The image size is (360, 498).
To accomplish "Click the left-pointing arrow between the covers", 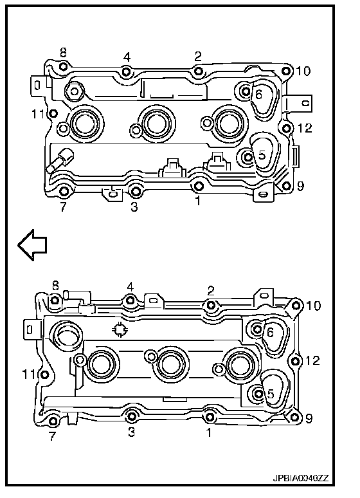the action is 32,245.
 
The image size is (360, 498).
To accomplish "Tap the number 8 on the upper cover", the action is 63,53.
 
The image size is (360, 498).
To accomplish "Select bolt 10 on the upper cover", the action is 287,71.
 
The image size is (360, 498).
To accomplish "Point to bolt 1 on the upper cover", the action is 198,186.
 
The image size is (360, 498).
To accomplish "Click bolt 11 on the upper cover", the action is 53,113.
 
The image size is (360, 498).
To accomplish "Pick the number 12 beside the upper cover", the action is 305,128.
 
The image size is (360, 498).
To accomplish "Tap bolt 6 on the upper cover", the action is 246,92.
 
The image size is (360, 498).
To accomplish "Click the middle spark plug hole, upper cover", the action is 157,122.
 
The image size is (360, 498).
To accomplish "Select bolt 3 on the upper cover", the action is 136,191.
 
